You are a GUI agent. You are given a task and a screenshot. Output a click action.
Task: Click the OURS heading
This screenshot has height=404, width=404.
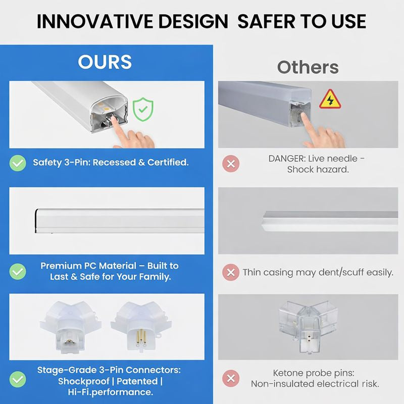coord(105,62)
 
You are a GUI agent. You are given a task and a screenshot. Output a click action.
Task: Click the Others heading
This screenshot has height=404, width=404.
coord(308,67)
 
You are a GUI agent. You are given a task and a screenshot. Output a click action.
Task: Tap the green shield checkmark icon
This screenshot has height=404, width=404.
coord(143,109)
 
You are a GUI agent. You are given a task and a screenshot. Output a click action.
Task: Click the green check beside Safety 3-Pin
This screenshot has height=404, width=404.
coord(19,163)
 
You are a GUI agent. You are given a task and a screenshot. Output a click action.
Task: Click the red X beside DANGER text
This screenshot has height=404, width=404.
coord(231,164)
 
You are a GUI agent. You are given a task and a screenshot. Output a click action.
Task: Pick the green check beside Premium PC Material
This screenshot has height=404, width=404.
coord(19,271)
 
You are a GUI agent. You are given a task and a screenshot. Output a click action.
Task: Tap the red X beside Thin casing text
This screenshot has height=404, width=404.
coord(231,272)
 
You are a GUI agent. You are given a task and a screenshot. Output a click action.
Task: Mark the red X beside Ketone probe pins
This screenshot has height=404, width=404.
coord(231,378)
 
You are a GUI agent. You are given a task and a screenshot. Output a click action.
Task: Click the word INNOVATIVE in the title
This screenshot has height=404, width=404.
coord(92,21)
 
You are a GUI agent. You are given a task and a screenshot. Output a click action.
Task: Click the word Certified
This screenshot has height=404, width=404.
coord(168,163)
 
